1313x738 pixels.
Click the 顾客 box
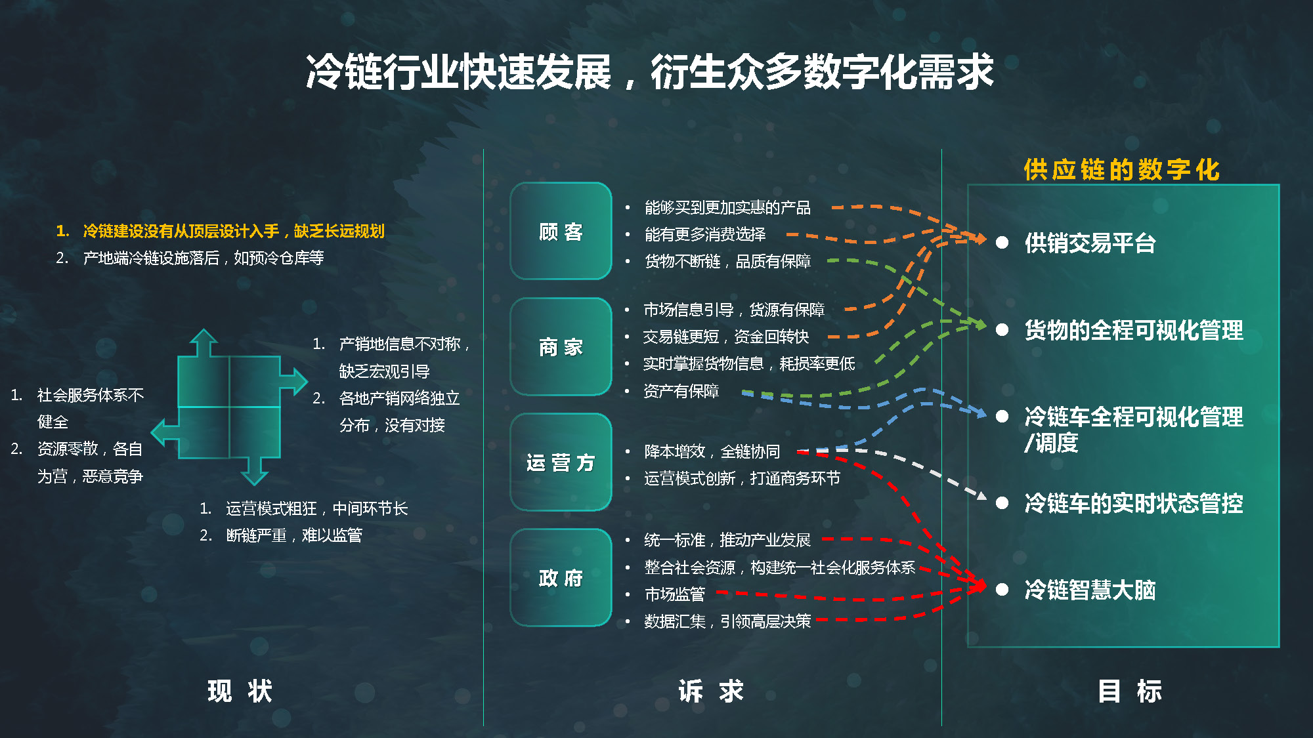[561, 231]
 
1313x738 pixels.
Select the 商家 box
[561, 346]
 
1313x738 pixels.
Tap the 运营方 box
[561, 462]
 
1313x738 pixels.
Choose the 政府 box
[561, 577]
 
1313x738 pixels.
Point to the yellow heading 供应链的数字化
[1121, 169]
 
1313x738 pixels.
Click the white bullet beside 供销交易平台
[1002, 243]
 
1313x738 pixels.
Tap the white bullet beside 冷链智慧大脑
[1002, 589]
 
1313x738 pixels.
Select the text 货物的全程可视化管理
[1134, 330]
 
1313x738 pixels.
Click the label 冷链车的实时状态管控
[1134, 503]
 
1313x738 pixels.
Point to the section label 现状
[240, 691]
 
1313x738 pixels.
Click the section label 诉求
[711, 691]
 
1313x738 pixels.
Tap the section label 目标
[1130, 691]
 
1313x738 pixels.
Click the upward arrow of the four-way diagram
[204, 342]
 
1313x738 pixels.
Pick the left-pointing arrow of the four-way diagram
[165, 432]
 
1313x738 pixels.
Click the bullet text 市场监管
[675, 594]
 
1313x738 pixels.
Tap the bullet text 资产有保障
[681, 391]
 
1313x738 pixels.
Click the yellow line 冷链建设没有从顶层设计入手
[181, 231]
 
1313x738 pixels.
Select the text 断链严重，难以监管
[294, 535]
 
